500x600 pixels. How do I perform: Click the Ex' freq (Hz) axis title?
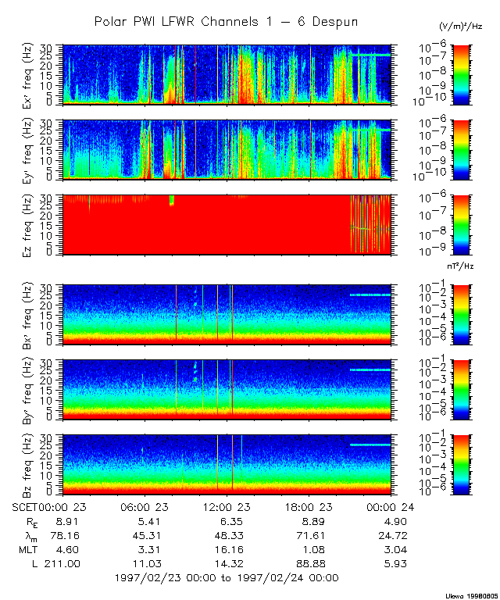(31, 74)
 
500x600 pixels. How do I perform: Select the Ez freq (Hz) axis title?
(31, 225)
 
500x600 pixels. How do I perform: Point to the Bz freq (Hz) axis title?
(31, 464)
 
